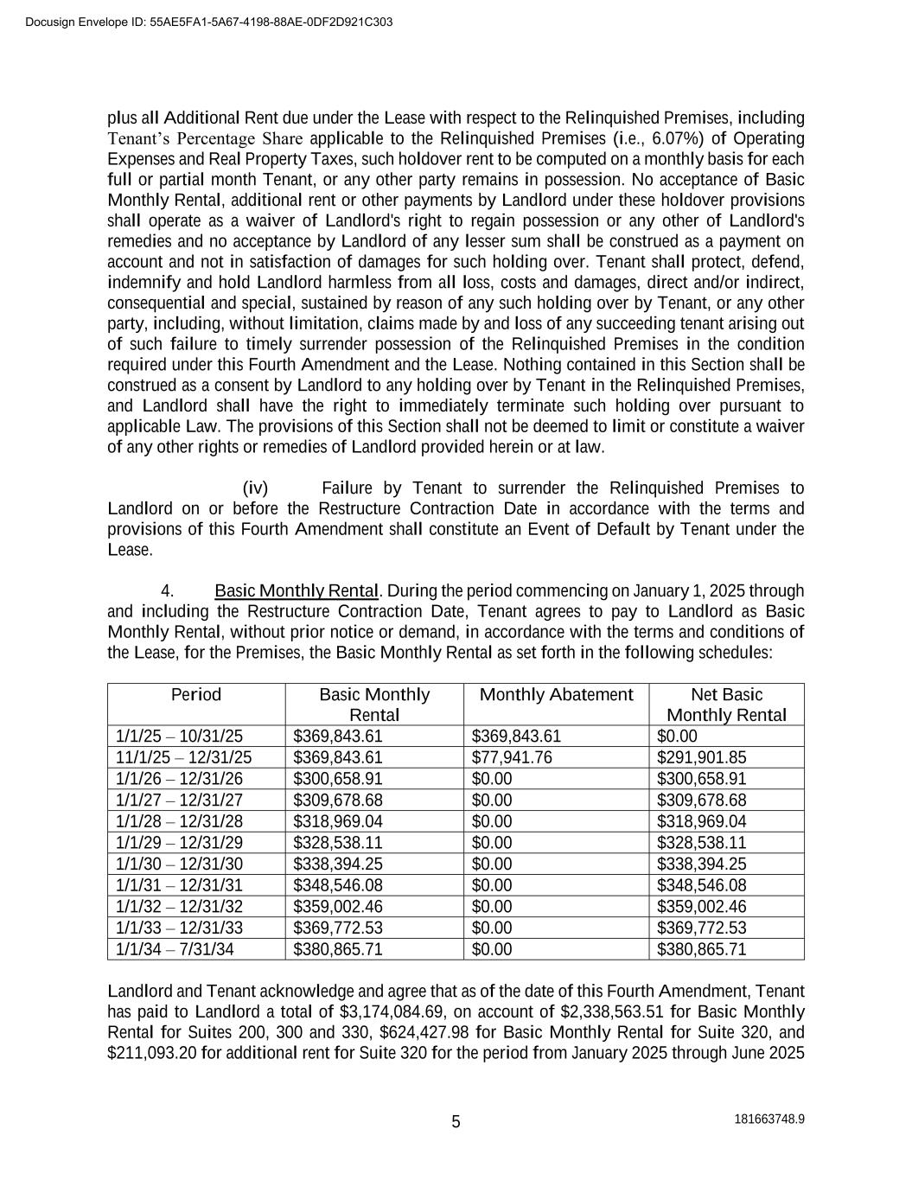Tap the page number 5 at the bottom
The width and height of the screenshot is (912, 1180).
tap(456, 1122)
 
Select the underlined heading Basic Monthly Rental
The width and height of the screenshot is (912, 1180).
tap(297, 591)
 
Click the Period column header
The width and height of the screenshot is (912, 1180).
tap(196, 695)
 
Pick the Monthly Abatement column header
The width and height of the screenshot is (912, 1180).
tap(556, 695)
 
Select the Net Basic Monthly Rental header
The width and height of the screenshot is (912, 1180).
tap(726, 705)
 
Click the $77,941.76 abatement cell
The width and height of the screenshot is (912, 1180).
tap(512, 758)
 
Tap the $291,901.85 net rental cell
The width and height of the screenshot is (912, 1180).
tap(701, 758)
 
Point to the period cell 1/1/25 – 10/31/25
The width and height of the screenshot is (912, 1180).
tap(179, 737)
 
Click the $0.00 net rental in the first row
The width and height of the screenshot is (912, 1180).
tap(676, 737)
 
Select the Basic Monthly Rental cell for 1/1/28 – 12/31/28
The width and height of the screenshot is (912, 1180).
tap(338, 821)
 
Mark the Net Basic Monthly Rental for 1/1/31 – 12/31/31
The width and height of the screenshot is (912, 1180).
tap(701, 885)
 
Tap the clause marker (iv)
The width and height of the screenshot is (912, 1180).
tap(256, 488)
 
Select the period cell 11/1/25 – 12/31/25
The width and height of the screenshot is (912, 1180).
tap(183, 758)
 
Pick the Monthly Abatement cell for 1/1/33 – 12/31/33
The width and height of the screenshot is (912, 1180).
tap(492, 928)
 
